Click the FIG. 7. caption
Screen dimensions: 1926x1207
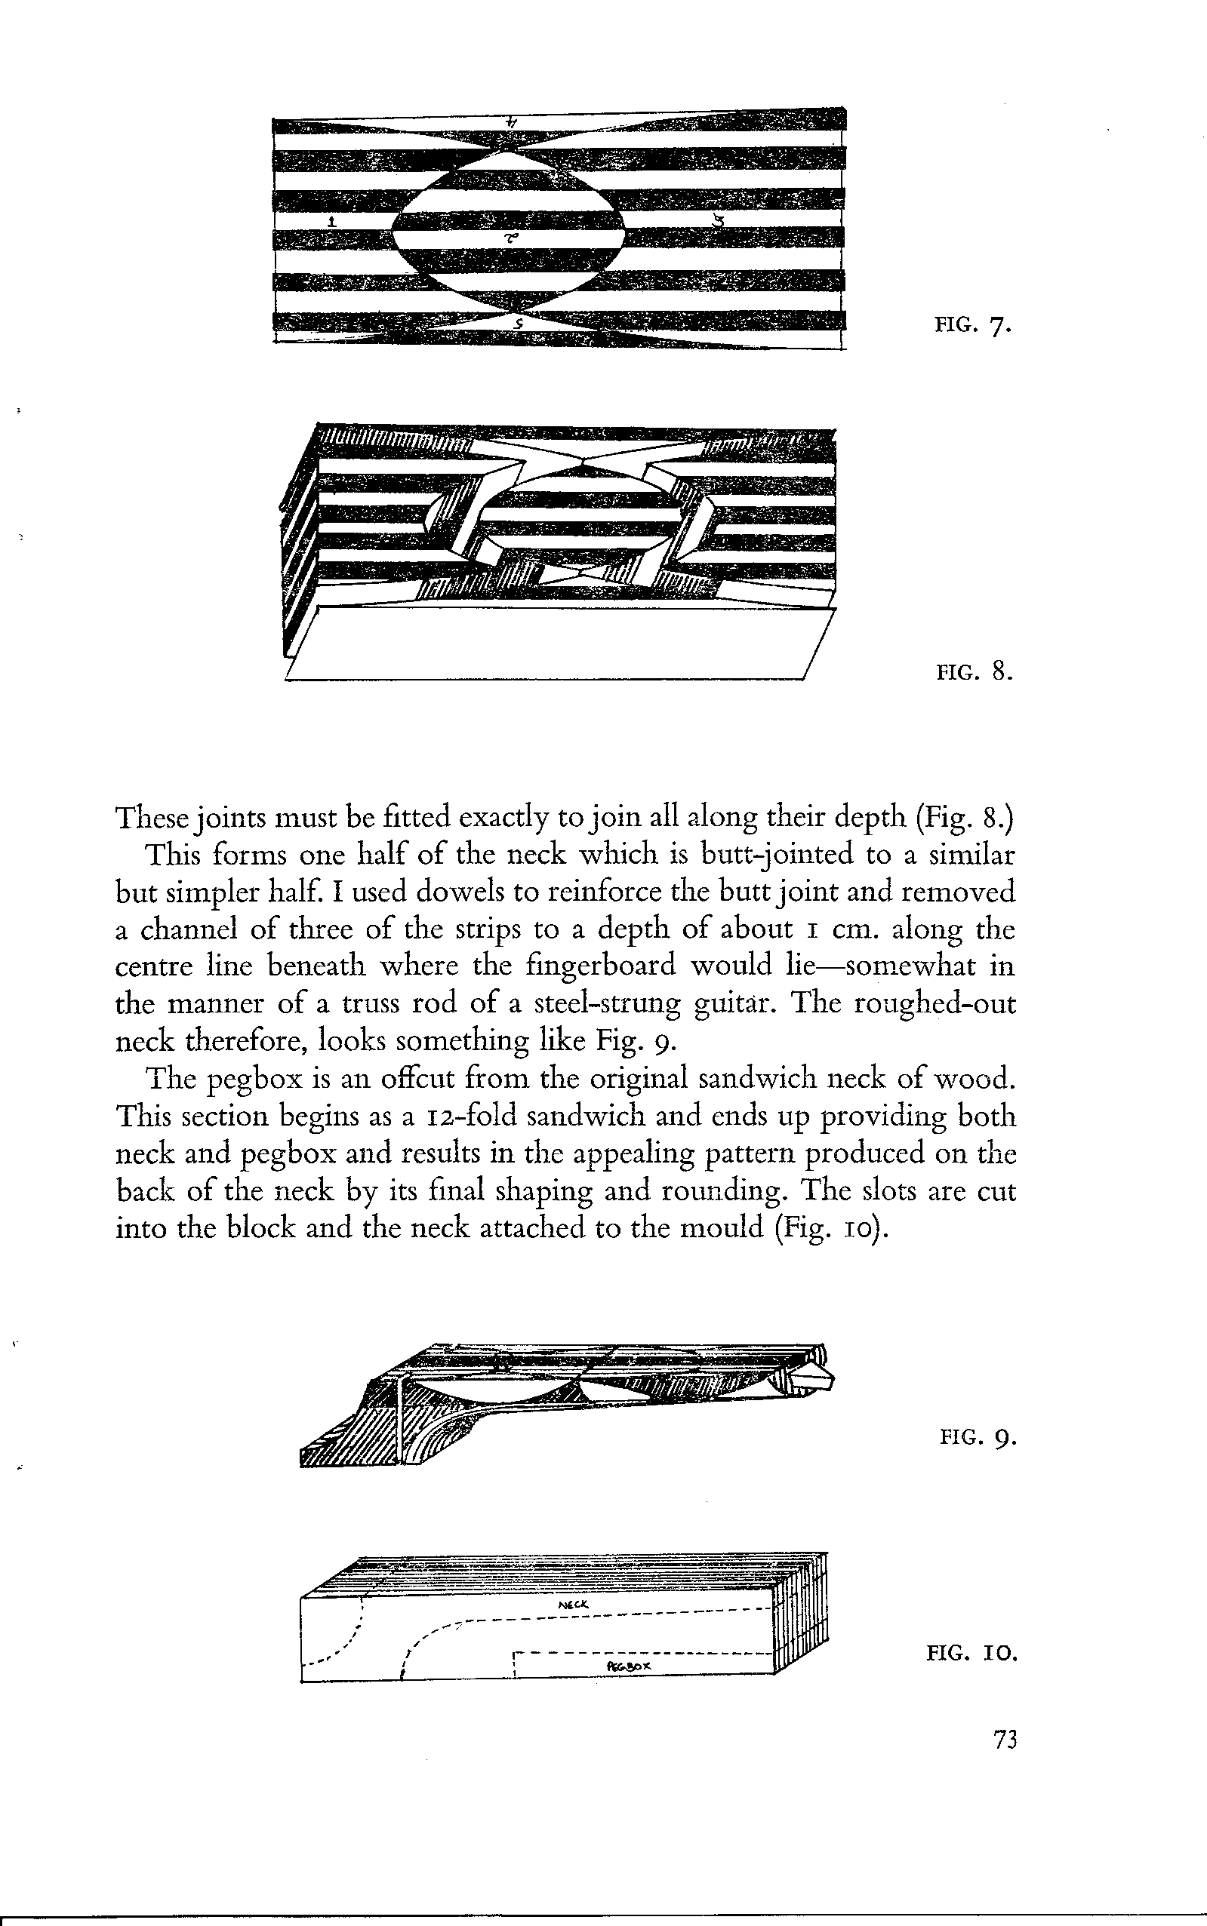point(973,327)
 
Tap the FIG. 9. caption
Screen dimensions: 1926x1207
point(977,1438)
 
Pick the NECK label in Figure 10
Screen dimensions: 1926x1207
point(573,1605)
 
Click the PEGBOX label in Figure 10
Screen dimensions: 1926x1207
point(629,1666)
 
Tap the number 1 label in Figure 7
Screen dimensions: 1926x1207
point(332,221)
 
